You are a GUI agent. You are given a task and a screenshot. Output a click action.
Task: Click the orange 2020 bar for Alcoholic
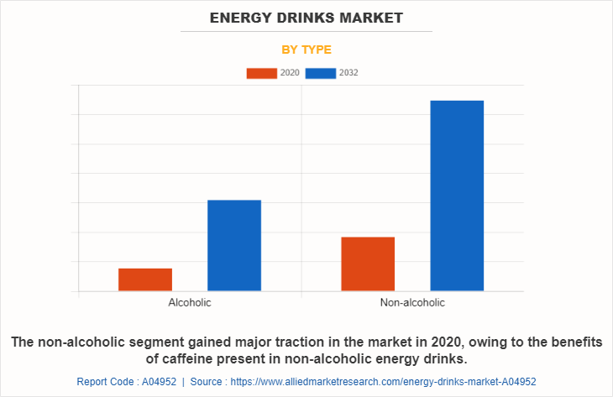point(145,279)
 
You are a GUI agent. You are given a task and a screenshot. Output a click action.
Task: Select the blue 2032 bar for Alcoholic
point(234,245)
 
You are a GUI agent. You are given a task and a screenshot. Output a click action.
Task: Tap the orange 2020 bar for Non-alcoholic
point(368,264)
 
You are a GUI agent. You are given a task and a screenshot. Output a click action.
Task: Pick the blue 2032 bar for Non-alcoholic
point(457,196)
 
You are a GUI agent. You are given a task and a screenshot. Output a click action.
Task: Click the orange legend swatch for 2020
point(261,73)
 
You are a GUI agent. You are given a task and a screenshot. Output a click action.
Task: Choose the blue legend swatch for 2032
point(321,73)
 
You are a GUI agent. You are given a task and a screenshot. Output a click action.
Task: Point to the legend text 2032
point(348,73)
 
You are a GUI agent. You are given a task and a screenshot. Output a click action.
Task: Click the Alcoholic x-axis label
point(190,302)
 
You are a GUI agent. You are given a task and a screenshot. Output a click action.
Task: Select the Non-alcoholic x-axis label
point(412,302)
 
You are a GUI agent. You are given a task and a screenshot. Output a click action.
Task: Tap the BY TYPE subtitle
point(306,50)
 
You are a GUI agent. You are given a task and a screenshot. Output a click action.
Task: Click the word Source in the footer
point(207,381)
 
